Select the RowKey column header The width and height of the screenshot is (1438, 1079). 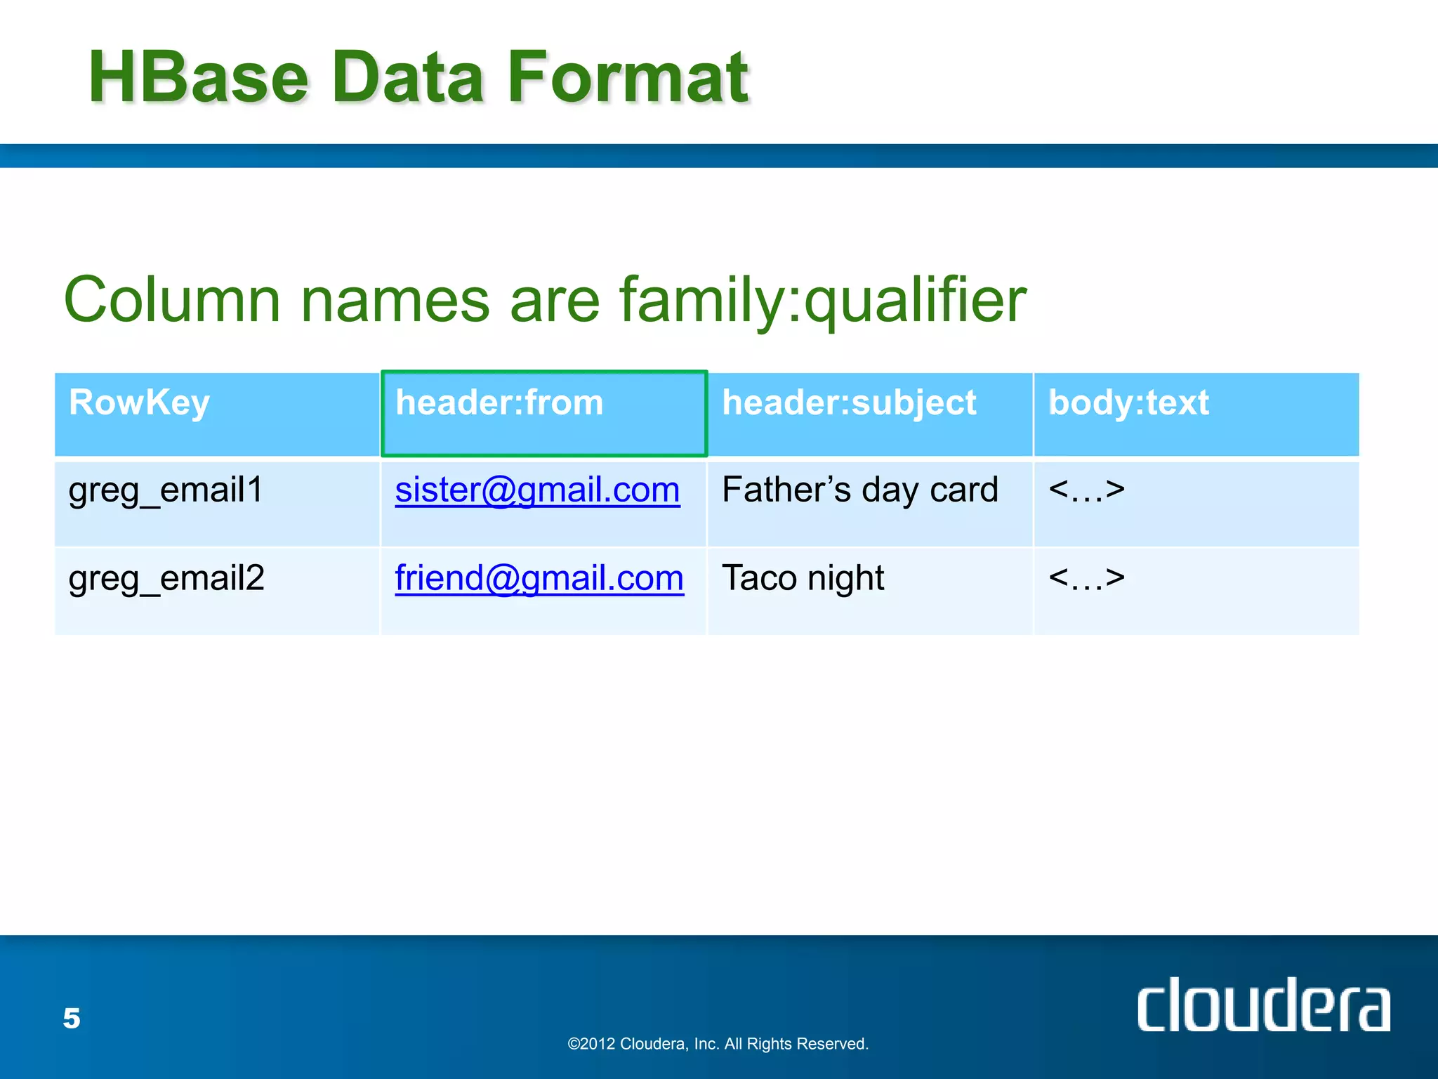[x=139, y=403]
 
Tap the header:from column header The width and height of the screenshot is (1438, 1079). [x=499, y=403]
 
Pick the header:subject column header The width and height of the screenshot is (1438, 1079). [x=849, y=403]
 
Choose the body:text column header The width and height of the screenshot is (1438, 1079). [x=1128, y=403]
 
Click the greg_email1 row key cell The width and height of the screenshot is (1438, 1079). [x=166, y=490]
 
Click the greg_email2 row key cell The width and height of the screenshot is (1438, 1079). [x=166, y=578]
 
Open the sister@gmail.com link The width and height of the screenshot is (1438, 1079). [x=537, y=490]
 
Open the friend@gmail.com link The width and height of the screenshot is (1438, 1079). [x=539, y=578]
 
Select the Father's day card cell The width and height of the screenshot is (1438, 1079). [x=859, y=490]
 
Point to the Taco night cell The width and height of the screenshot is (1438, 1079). [x=803, y=578]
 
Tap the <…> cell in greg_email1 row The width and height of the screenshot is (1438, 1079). [x=1086, y=490]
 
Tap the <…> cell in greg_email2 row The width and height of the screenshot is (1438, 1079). [x=1086, y=578]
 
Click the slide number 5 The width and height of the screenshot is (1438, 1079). [x=72, y=1018]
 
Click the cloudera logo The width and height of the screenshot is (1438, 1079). [x=1262, y=1006]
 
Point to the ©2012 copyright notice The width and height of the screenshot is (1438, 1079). [x=718, y=1044]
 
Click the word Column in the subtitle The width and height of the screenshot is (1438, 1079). [x=172, y=300]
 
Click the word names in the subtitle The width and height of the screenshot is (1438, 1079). [x=395, y=300]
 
